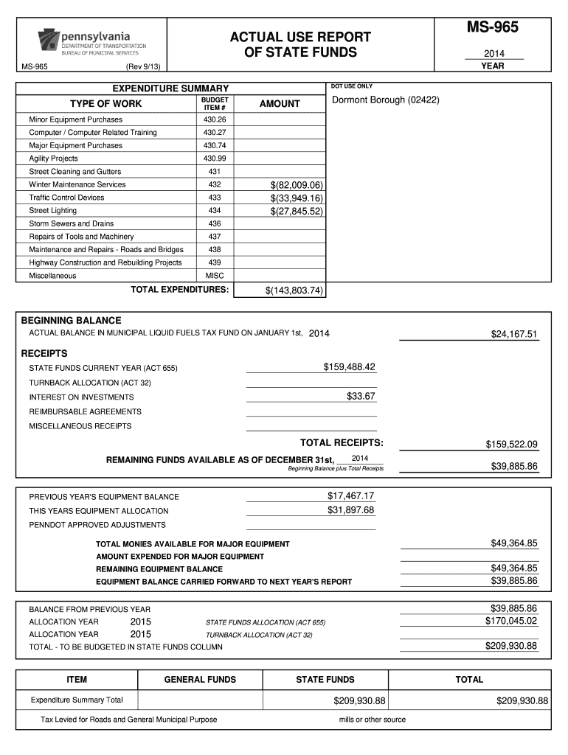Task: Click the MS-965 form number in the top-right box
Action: [x=491, y=27]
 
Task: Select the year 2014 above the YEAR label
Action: [x=493, y=54]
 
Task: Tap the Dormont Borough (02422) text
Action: [x=386, y=100]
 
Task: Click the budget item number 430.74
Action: [x=215, y=145]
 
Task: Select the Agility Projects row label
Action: [x=53, y=159]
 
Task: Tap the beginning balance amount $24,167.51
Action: [x=514, y=335]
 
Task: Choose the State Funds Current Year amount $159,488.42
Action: [x=349, y=367]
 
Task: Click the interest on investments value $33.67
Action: [x=361, y=397]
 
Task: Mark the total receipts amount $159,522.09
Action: [x=511, y=444]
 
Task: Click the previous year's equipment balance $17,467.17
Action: [x=350, y=495]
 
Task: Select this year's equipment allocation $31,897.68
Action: [x=350, y=510]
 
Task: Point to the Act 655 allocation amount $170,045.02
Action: [x=511, y=621]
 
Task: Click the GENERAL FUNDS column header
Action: [x=200, y=680]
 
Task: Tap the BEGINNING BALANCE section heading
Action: [x=71, y=321]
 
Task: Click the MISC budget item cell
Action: [x=215, y=276]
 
